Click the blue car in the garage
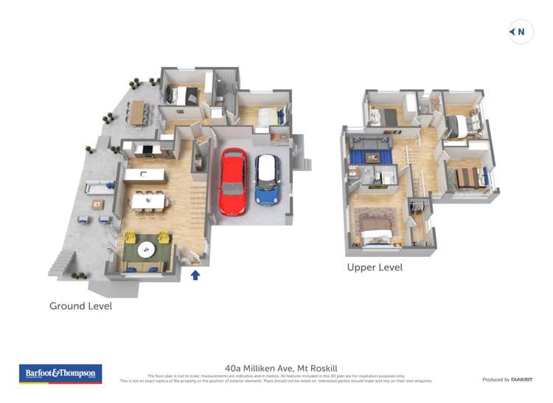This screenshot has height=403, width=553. (x=267, y=179)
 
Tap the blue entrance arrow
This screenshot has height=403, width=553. (x=195, y=275)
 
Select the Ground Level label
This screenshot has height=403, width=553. (x=80, y=306)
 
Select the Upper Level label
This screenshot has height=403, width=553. (x=375, y=267)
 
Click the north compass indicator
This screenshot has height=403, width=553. (x=521, y=32)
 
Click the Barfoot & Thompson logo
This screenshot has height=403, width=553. (x=60, y=374)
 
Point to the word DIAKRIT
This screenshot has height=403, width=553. (x=521, y=379)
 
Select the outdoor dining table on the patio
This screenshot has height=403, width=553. (x=138, y=111)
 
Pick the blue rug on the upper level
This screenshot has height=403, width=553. (x=373, y=155)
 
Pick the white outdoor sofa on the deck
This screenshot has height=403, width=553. (x=94, y=190)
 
